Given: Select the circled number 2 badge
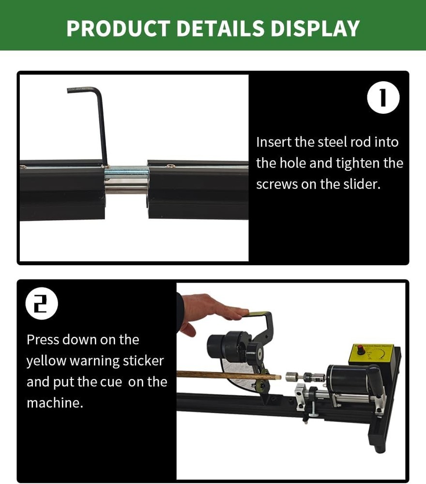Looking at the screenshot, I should [x=42, y=303].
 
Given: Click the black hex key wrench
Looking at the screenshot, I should [x=100, y=121].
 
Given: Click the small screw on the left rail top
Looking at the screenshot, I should [x=23, y=166].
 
